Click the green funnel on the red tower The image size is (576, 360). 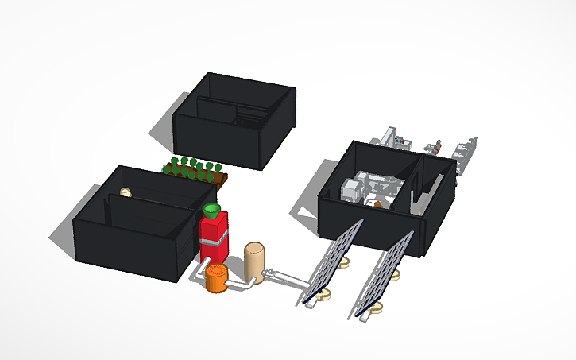[x=211, y=210]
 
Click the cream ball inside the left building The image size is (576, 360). [x=125, y=192]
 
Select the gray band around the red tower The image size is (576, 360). [x=214, y=238]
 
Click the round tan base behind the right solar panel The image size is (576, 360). [x=394, y=275]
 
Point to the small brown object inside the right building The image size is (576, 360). [x=379, y=204]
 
